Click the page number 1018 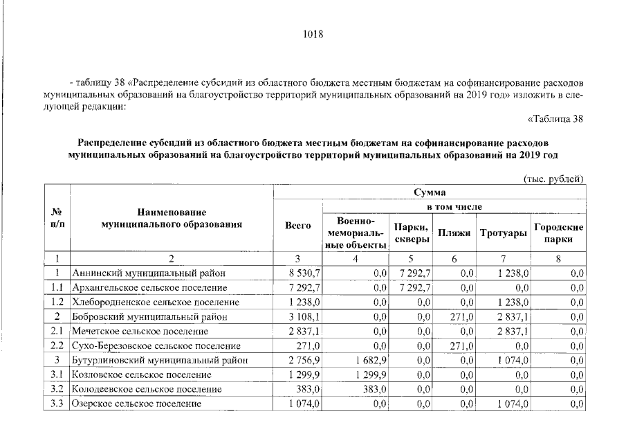coord(313,34)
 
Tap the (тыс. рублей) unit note coord(554,179)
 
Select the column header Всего coord(298,225)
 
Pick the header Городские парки coord(558,233)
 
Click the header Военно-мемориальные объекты coord(356,233)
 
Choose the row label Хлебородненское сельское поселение coord(151,302)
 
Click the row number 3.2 coord(57,390)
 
